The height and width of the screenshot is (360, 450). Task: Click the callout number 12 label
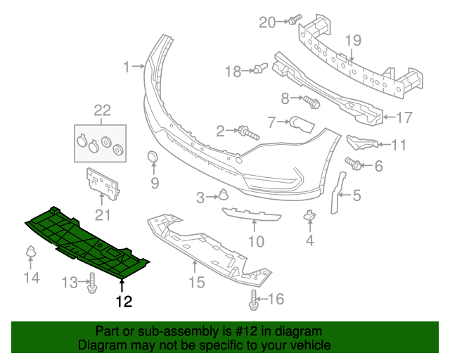tap(124, 302)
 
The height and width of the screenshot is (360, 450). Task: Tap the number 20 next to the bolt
tap(268, 22)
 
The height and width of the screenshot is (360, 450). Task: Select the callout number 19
tap(352, 40)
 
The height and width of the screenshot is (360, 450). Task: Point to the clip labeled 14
tap(31, 251)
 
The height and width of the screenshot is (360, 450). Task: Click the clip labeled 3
tap(223, 196)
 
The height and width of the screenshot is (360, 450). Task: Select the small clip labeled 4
tap(309, 216)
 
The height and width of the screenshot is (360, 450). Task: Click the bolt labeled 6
tap(355, 165)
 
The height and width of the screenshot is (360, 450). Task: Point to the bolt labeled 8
tap(311, 103)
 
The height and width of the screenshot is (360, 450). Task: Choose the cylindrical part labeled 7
tap(302, 124)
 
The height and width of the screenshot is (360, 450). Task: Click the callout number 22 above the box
tap(103, 110)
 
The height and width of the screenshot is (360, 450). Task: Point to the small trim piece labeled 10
tap(251, 214)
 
